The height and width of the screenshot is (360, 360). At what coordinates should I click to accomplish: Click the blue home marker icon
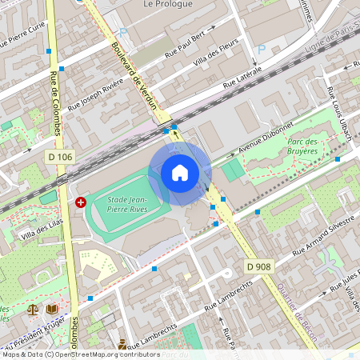point(180,173)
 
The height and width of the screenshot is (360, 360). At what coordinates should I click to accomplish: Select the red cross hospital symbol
point(80,203)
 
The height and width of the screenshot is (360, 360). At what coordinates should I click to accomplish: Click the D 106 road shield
point(60,157)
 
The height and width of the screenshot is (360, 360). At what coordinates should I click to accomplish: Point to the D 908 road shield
point(258,266)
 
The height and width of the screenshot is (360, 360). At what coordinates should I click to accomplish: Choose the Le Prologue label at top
point(170,4)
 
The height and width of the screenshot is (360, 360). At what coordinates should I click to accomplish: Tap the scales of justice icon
point(34,308)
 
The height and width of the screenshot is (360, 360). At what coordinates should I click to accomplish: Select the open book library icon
point(52,308)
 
